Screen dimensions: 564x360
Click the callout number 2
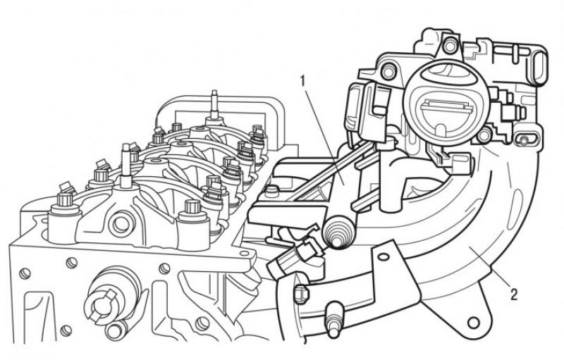coord(514,294)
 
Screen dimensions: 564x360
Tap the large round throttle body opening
coord(446,104)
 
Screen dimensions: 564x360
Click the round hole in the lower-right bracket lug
coord(474,322)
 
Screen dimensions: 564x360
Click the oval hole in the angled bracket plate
coord(384,256)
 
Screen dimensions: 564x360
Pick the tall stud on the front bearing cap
coord(126,166)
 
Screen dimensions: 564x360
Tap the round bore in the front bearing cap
coord(121,224)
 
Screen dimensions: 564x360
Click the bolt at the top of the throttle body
coord(450,46)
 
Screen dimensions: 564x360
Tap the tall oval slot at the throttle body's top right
coord(539,68)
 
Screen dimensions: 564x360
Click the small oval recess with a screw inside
coord(525,139)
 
